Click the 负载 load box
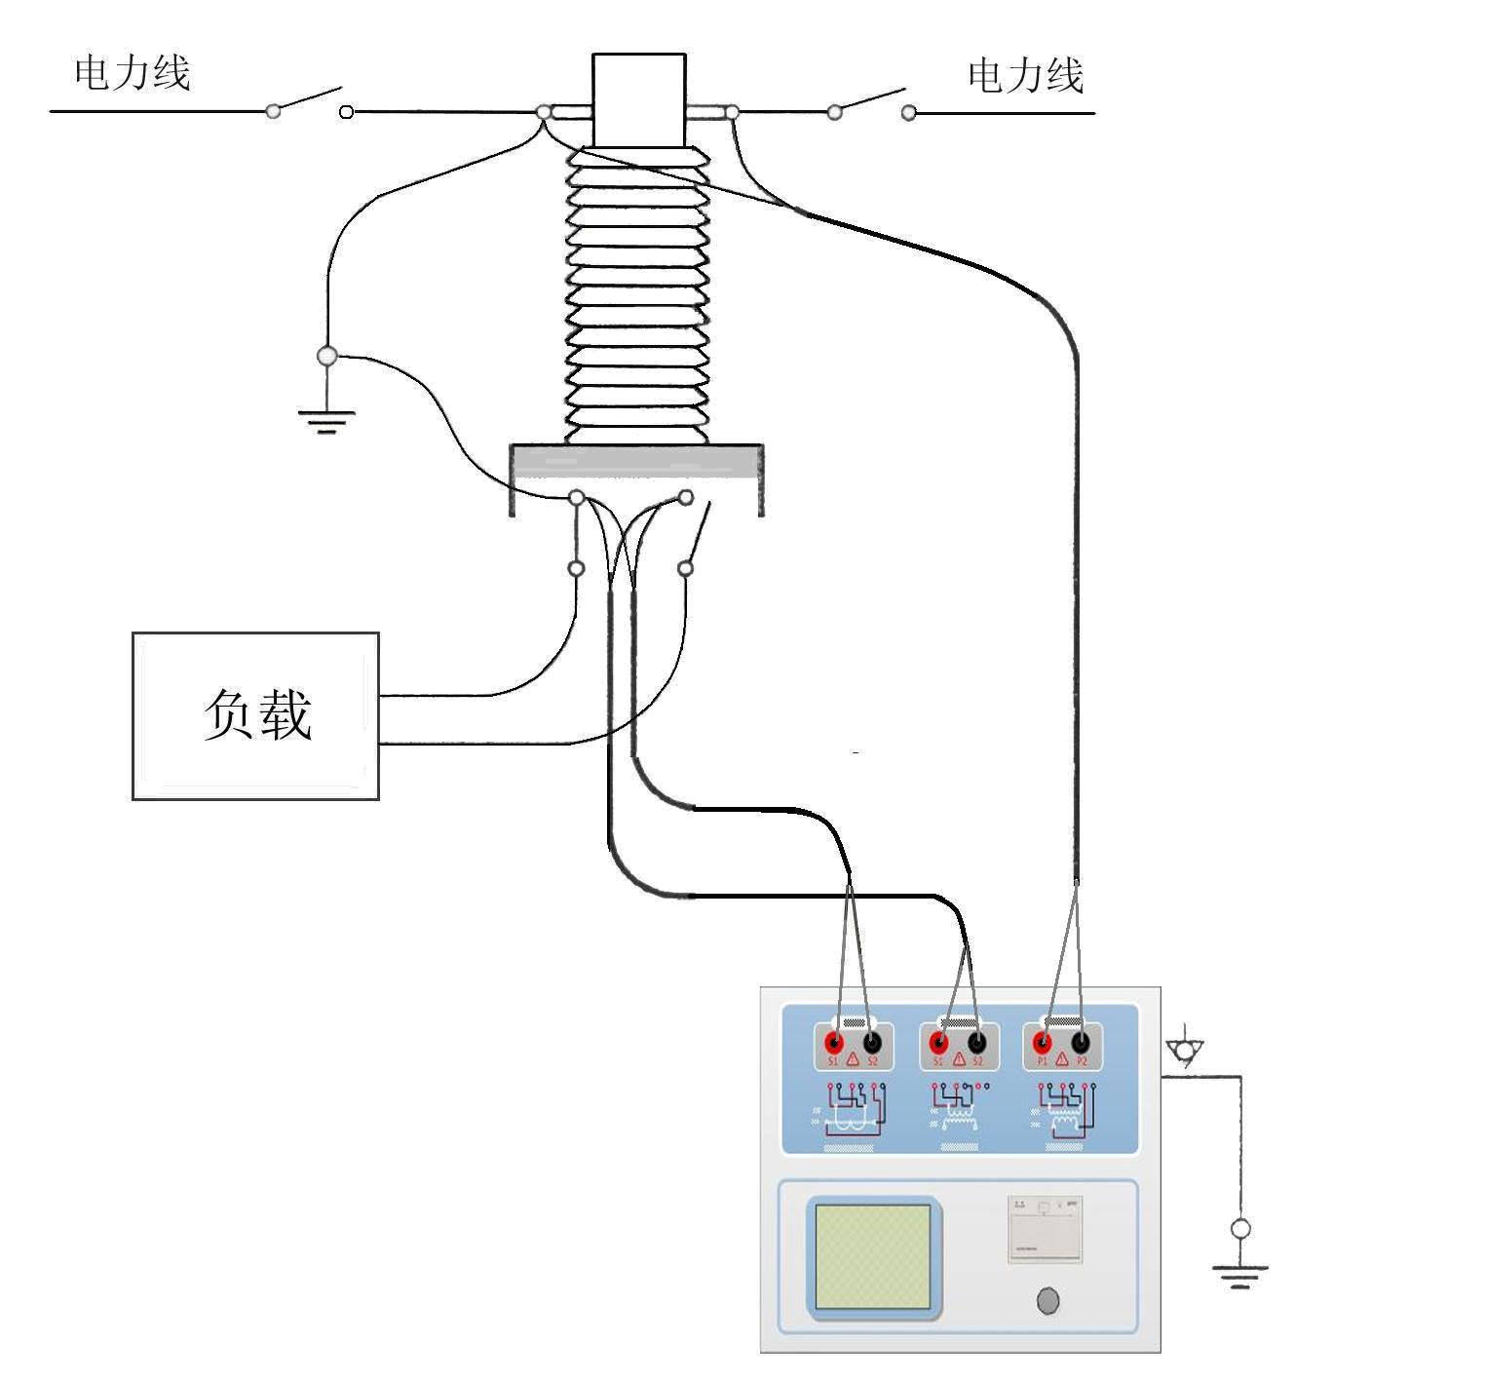(x=255, y=715)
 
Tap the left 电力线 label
(x=133, y=74)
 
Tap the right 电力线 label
(x=1025, y=76)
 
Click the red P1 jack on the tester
(x=1043, y=1044)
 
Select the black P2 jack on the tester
(x=1080, y=1044)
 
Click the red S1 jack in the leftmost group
(x=834, y=1044)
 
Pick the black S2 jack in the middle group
(x=976, y=1044)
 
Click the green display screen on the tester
(x=872, y=1256)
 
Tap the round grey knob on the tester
(x=1047, y=1300)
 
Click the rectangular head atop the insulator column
(x=639, y=100)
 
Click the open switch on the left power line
(x=308, y=102)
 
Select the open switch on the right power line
(x=870, y=103)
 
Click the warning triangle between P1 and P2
(x=1061, y=1059)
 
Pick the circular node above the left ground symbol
(x=327, y=357)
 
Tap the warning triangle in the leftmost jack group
(x=853, y=1059)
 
